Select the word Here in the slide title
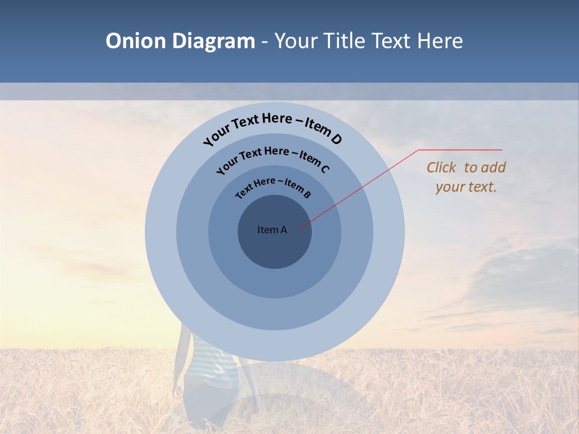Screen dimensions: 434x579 tap(437, 41)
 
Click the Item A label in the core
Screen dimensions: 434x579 tap(272, 230)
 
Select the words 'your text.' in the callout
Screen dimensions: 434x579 tap(466, 187)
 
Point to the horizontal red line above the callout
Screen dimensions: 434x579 tap(460, 149)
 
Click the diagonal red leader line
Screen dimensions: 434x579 tap(362, 187)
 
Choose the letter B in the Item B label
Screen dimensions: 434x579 tap(307, 195)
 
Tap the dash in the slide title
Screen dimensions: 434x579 tap(265, 41)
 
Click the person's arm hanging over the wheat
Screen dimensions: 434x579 tap(178, 380)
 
